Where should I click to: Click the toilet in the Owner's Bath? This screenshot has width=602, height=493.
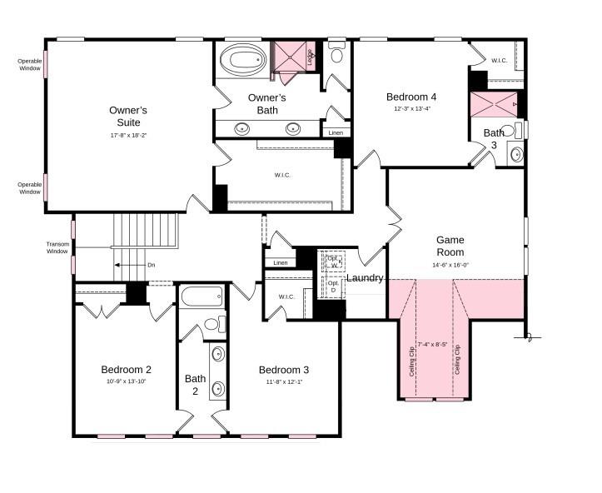tap(336, 55)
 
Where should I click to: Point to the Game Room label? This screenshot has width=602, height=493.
tap(450, 246)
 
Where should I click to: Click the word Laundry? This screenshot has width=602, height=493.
tap(365, 278)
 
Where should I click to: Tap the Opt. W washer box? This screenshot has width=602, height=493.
tap(334, 261)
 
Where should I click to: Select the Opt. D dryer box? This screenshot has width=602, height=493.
tap(334, 287)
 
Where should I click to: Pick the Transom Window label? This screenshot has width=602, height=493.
tap(57, 247)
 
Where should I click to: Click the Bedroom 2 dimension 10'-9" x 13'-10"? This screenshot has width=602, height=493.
tap(126, 381)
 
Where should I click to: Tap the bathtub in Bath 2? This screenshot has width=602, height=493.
tap(202, 297)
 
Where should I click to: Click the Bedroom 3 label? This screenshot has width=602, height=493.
tap(283, 370)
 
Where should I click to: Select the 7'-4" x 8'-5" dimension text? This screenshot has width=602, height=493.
tap(432, 344)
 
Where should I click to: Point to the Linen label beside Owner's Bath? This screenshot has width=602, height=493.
tap(335, 133)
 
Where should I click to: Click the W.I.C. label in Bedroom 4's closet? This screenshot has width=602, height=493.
tap(499, 61)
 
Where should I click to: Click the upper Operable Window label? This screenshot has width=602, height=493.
tap(29, 64)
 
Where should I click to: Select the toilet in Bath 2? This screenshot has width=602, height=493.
tap(211, 324)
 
